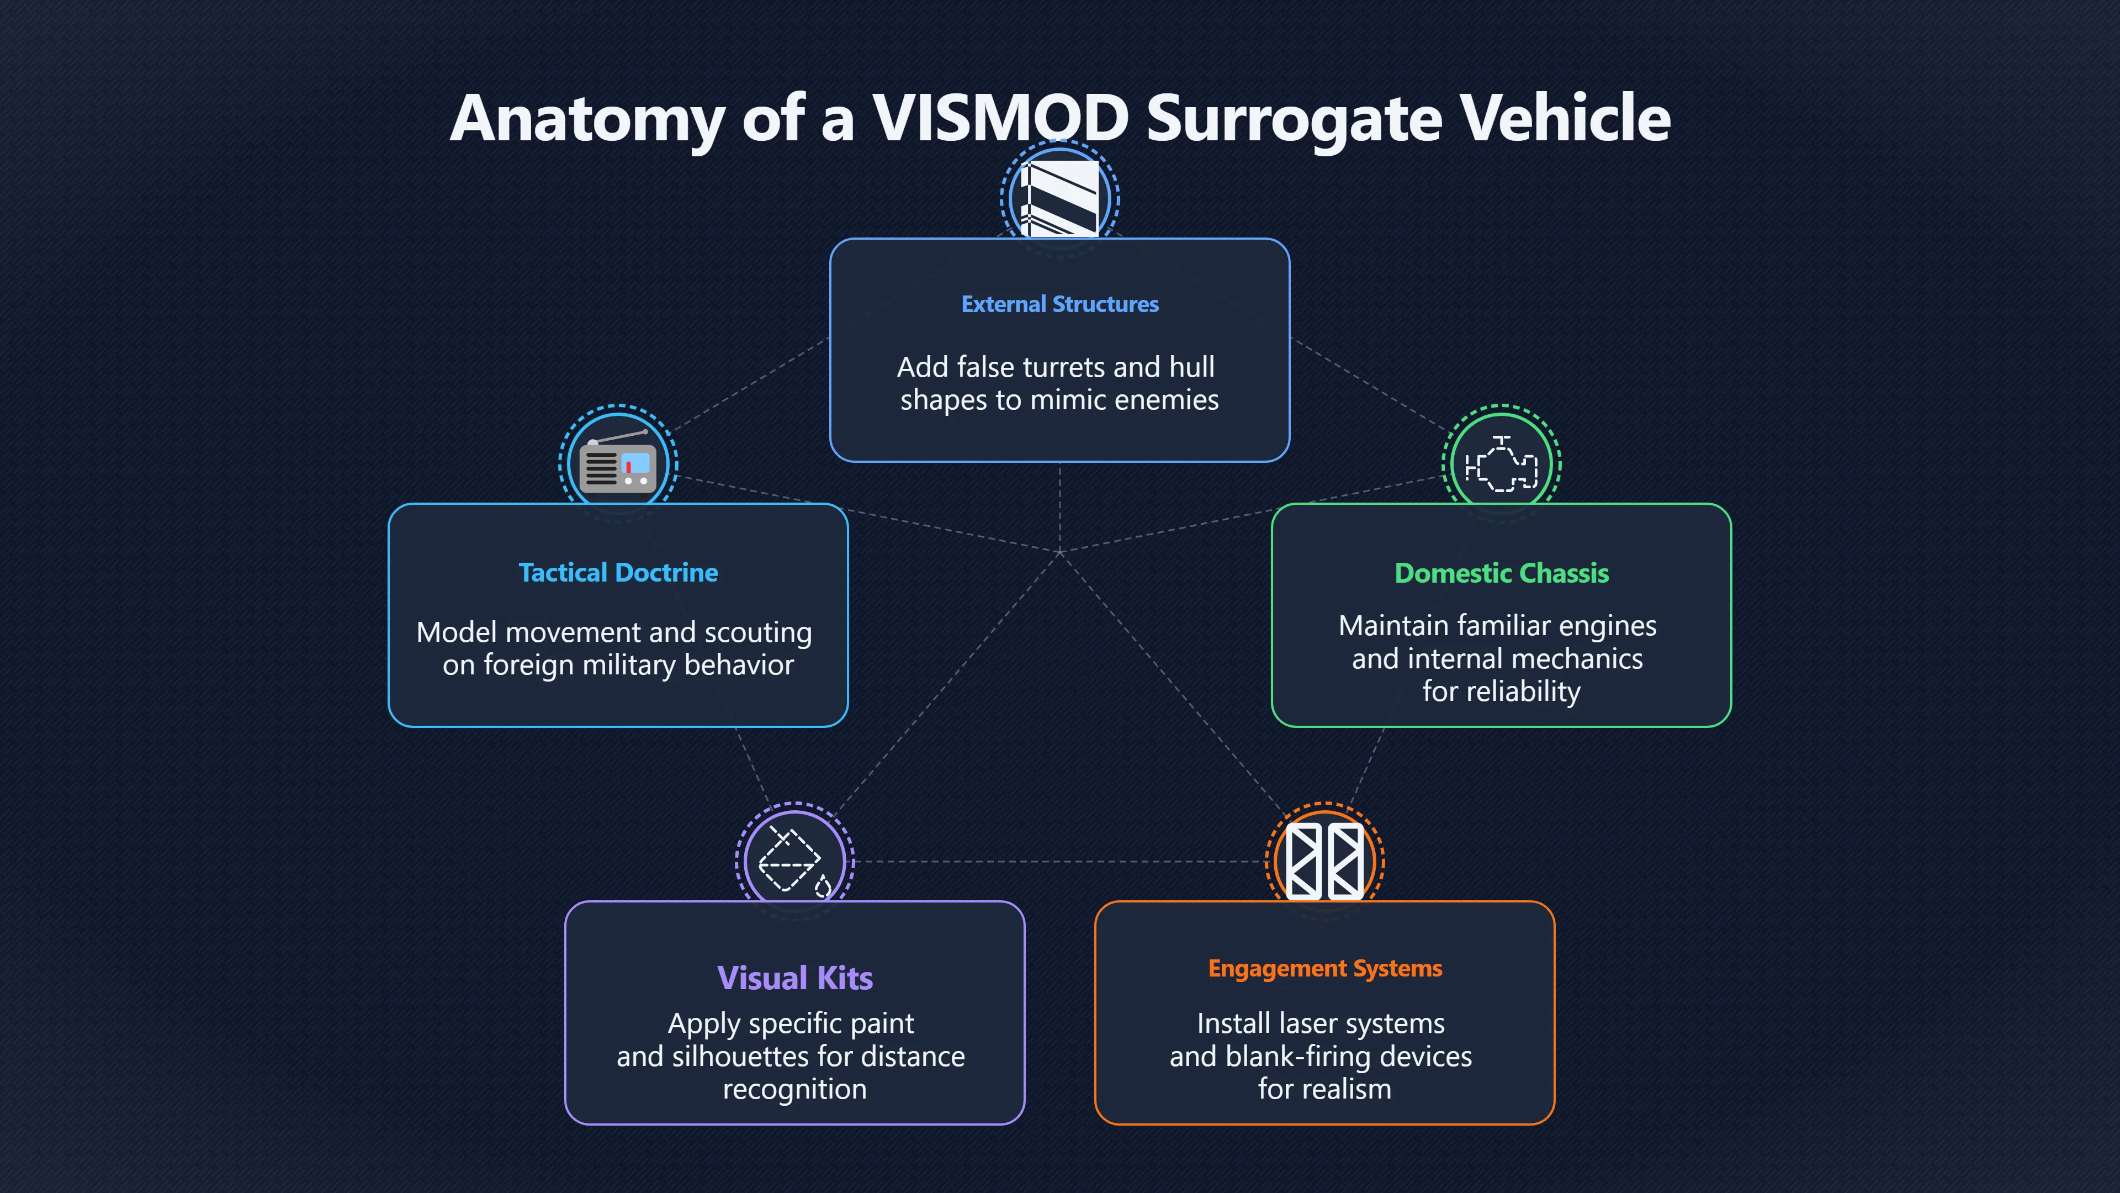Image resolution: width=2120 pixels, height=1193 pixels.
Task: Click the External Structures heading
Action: tap(1060, 305)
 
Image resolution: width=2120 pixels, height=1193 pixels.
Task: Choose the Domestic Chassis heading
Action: tap(1501, 573)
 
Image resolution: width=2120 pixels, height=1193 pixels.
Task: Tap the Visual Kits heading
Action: tap(795, 978)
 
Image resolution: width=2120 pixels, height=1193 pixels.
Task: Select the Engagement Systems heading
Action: tap(1325, 969)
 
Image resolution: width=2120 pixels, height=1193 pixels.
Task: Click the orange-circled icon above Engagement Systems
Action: tap(1325, 861)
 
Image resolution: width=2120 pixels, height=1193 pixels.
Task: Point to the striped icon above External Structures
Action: tap(1060, 198)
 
